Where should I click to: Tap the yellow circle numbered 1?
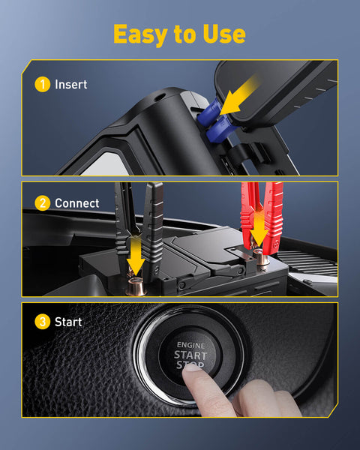43,85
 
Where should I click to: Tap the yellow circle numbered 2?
43,203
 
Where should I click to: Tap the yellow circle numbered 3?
43,322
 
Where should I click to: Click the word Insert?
71,85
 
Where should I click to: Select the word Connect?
77,203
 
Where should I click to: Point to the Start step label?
68,322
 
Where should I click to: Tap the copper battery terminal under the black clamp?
136,287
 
